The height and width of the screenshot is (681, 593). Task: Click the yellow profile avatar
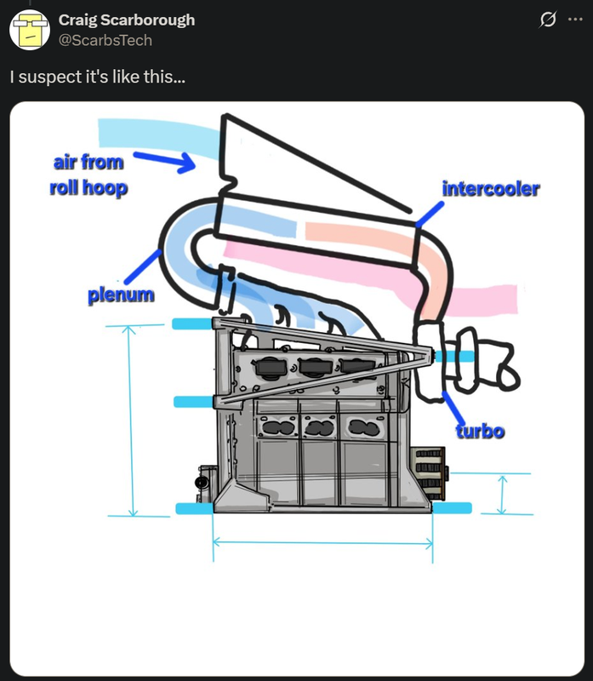tap(30, 29)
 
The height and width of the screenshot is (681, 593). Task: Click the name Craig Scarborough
tap(127, 20)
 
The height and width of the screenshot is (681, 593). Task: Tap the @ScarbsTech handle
tap(105, 39)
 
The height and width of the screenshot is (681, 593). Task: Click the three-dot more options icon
tap(576, 20)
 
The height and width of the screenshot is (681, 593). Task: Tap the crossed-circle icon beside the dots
tap(549, 20)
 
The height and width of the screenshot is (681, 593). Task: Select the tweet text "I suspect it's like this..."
tap(98, 77)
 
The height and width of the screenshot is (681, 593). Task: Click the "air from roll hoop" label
tap(88, 175)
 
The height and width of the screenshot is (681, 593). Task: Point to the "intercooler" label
tap(490, 188)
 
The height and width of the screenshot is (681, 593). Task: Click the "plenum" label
tap(122, 295)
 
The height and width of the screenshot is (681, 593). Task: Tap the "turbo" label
tap(480, 431)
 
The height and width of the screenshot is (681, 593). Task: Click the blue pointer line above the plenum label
tap(142, 266)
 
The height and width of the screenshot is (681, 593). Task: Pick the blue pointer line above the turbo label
tap(452, 403)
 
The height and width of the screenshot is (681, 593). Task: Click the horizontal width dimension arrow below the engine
tap(322, 541)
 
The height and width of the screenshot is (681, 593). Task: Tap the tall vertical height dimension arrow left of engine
tap(132, 421)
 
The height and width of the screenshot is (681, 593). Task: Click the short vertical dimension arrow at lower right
tap(502, 495)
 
